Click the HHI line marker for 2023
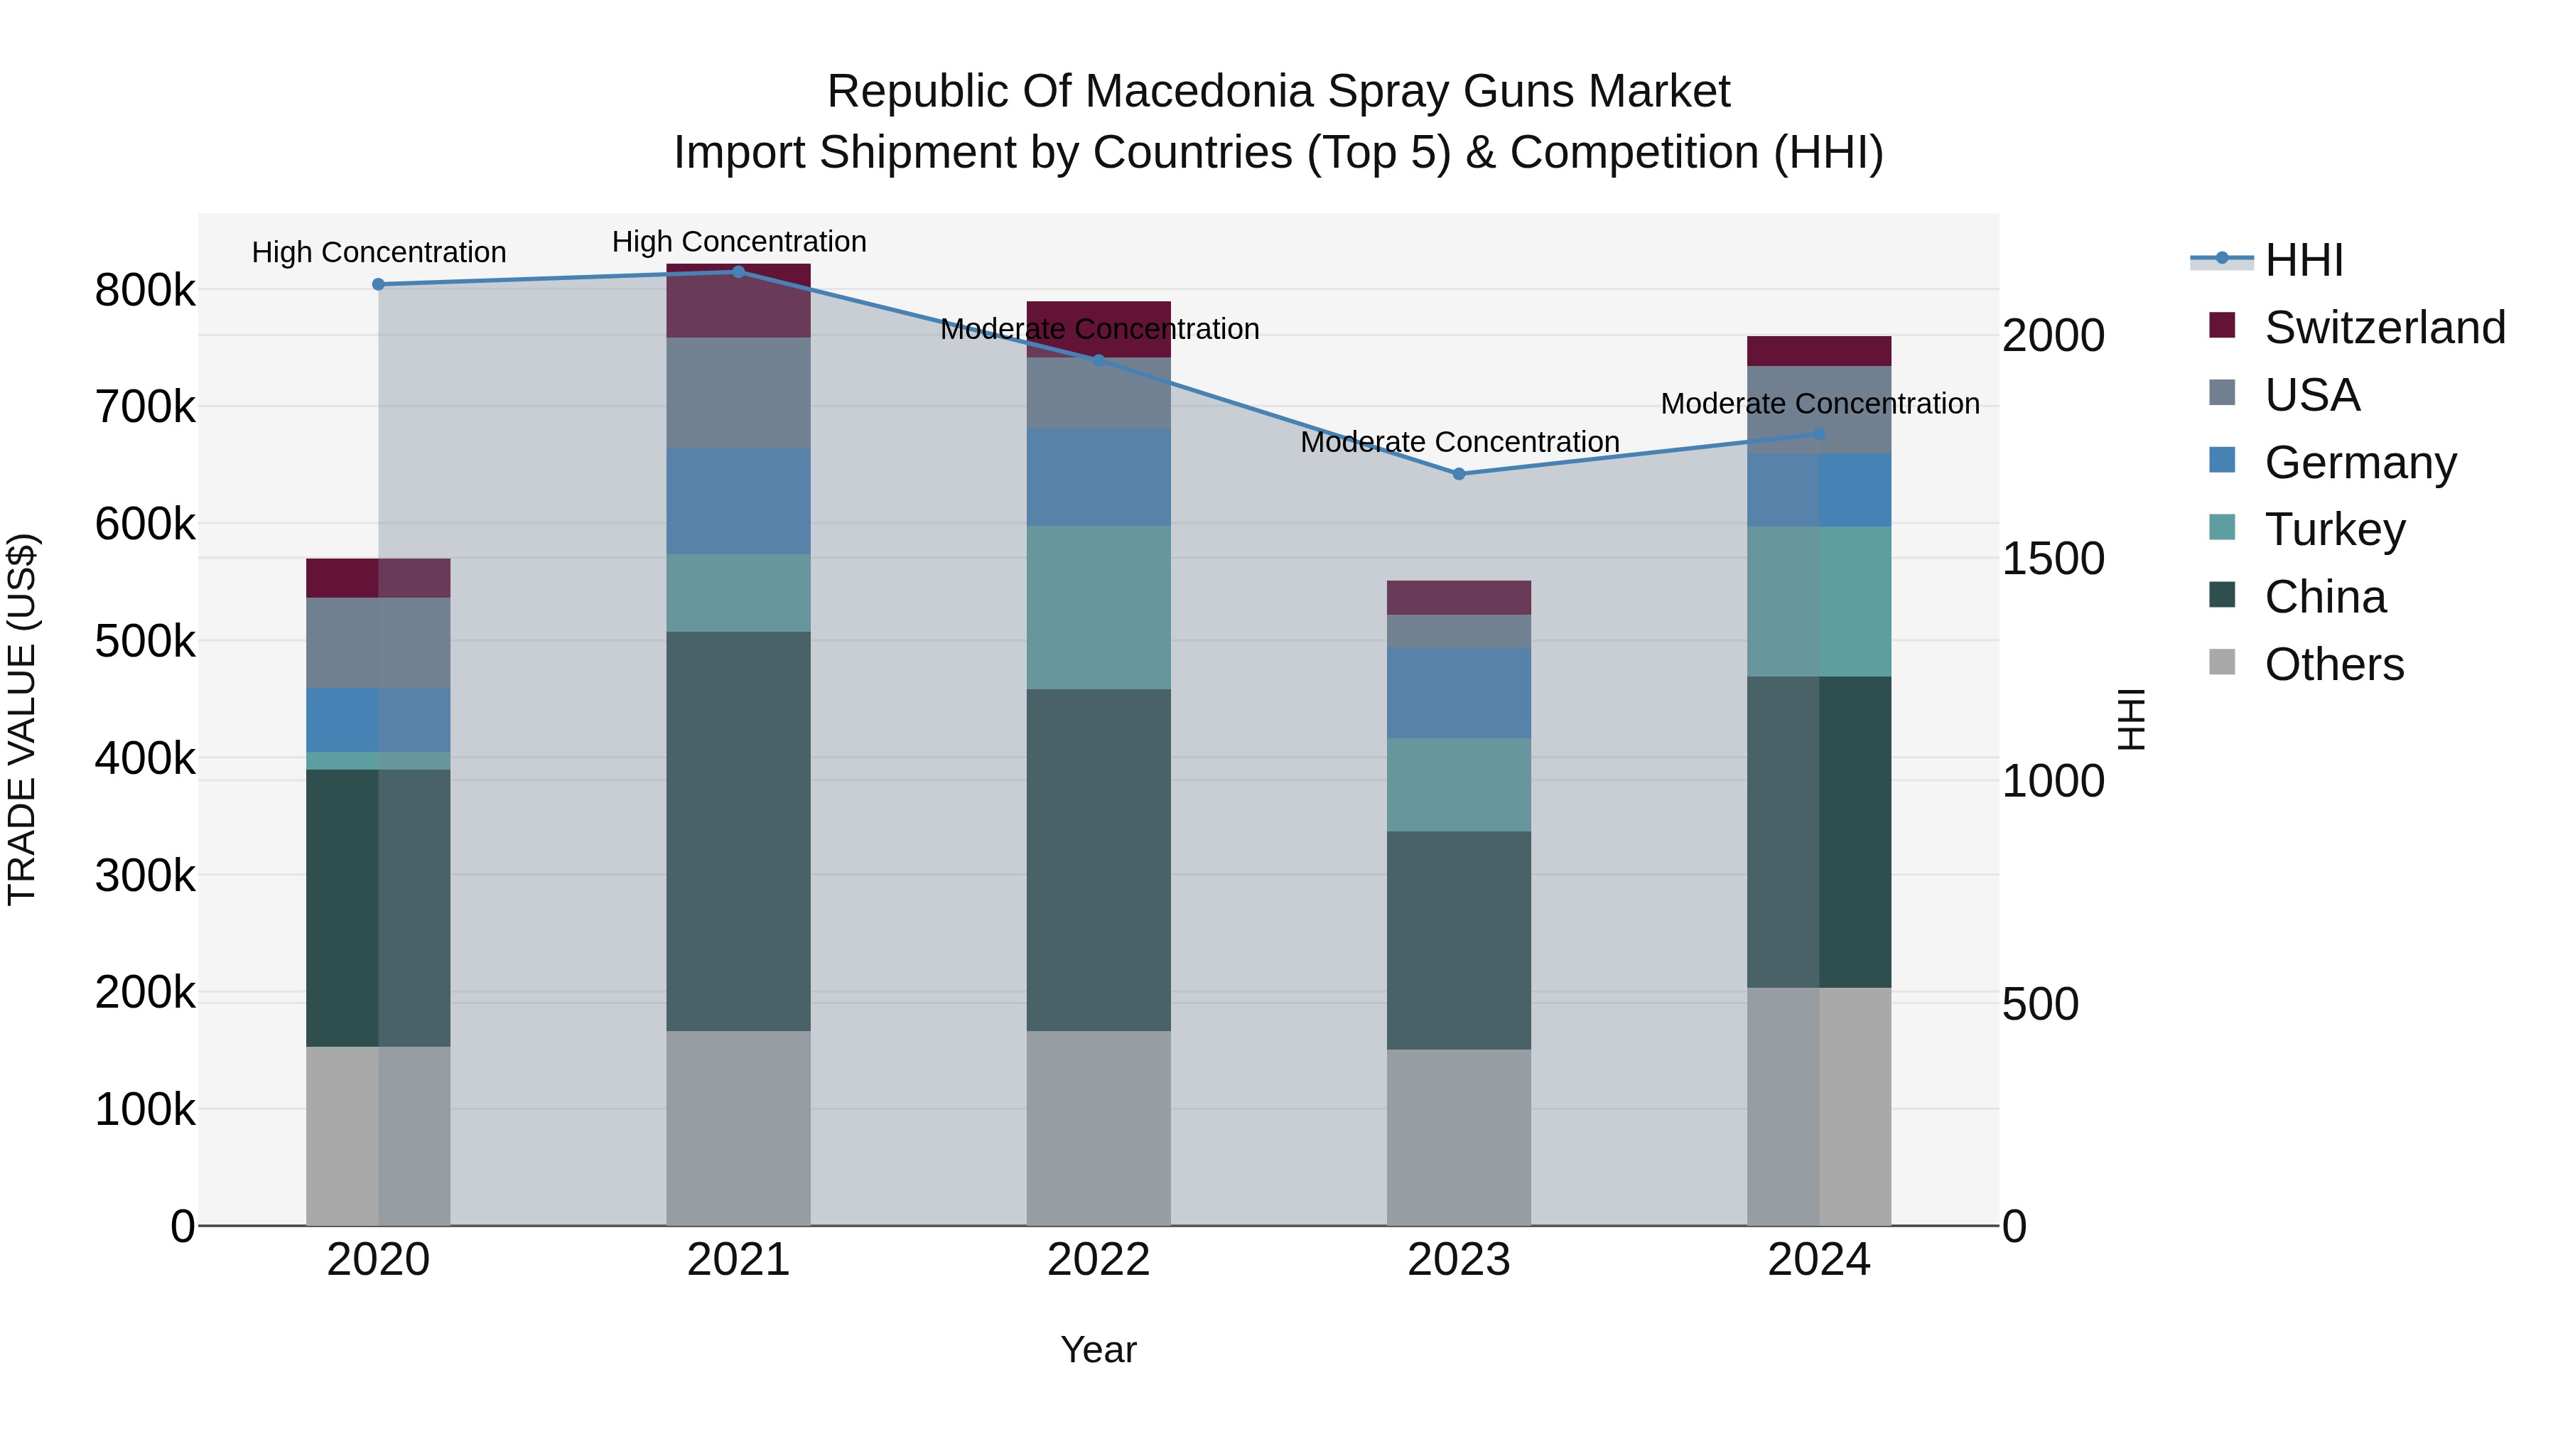(x=1459, y=474)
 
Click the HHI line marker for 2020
(x=378, y=284)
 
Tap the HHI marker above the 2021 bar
(x=738, y=271)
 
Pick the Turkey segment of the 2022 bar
(x=1099, y=607)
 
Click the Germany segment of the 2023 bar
(x=1459, y=692)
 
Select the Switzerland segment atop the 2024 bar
(x=1818, y=350)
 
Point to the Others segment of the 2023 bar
(x=1459, y=1136)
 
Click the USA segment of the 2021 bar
(x=738, y=392)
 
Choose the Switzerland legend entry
(x=2383, y=328)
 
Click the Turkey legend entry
(x=2333, y=529)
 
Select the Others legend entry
(x=2333, y=664)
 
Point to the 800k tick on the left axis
(x=145, y=291)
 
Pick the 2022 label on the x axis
(x=1099, y=1260)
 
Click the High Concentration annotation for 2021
(x=739, y=242)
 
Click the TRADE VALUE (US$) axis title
(x=22, y=719)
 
